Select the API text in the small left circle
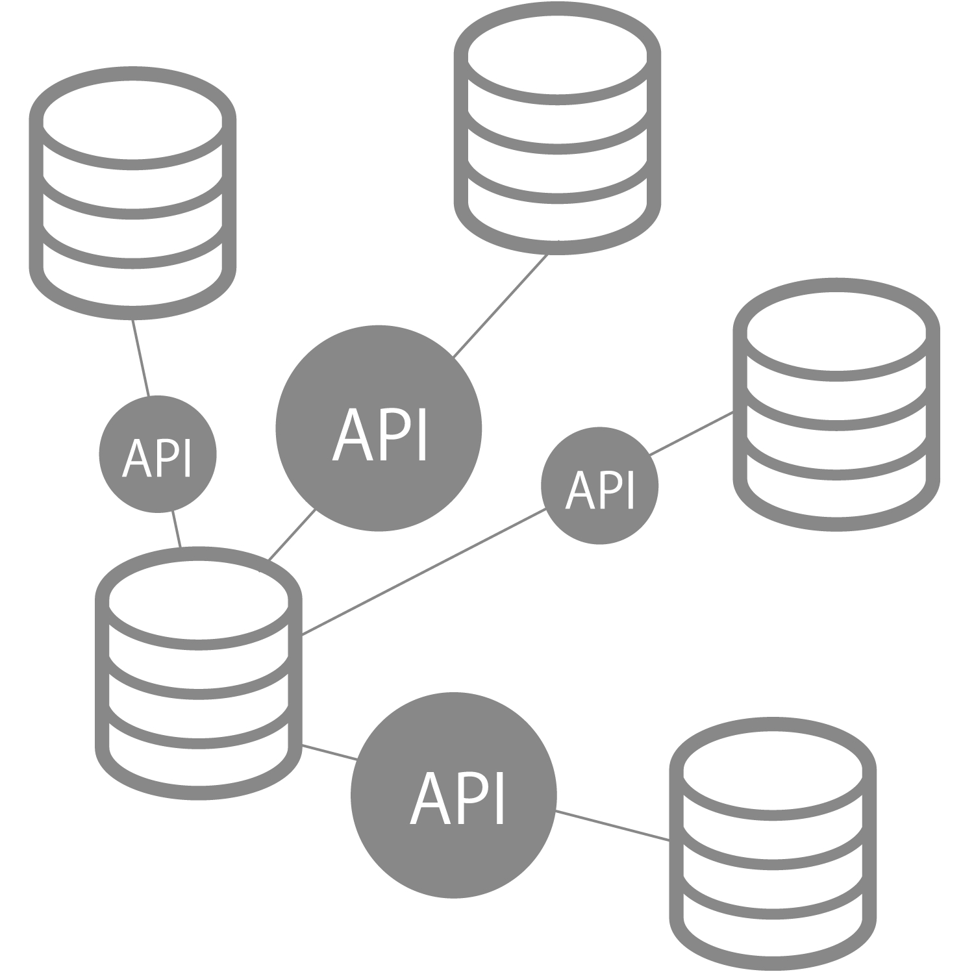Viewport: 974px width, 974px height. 157,458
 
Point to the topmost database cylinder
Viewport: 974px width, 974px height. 557,130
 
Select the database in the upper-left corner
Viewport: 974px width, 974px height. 132,194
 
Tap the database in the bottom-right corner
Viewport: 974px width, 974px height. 772,844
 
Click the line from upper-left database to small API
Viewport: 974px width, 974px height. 141,357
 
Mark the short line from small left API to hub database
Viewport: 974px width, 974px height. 176,529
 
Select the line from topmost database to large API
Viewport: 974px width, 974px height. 500,306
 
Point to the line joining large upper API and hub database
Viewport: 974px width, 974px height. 292,534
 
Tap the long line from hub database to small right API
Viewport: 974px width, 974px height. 423,571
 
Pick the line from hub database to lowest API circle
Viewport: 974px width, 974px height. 330,752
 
